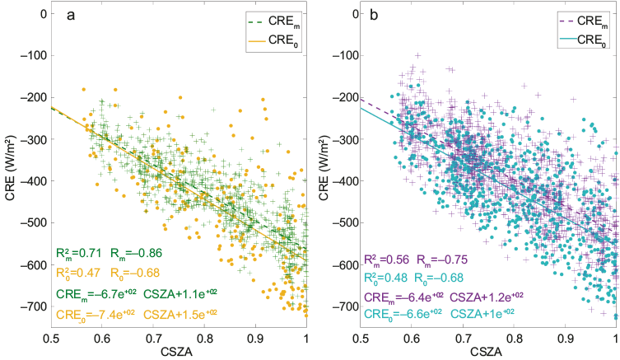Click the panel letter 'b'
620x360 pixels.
[x=375, y=15]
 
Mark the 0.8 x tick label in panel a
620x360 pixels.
[x=204, y=337]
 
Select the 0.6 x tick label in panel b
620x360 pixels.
[x=412, y=337]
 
